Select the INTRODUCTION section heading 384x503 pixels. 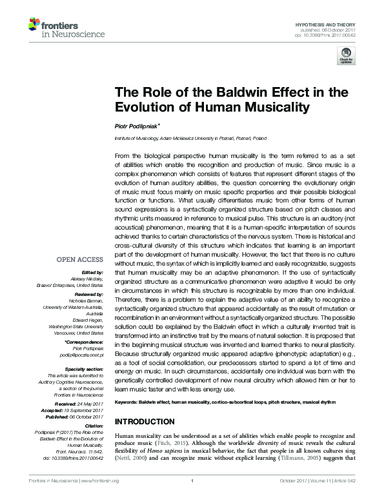coord(144,440)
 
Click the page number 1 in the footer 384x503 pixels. coord(192,497)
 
